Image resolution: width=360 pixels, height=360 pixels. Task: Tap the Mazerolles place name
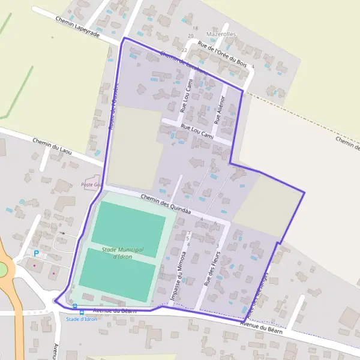[x=221, y=34]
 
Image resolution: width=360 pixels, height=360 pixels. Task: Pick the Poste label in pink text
[x=91, y=185]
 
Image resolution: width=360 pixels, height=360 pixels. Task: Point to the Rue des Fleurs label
[x=212, y=268]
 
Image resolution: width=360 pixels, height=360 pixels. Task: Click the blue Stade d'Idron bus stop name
[x=81, y=319]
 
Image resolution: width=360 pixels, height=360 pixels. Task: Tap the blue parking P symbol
[x=35, y=254]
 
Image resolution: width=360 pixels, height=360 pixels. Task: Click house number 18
[x=194, y=28]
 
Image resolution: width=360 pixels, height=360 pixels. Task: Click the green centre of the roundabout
[x=3, y=268]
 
